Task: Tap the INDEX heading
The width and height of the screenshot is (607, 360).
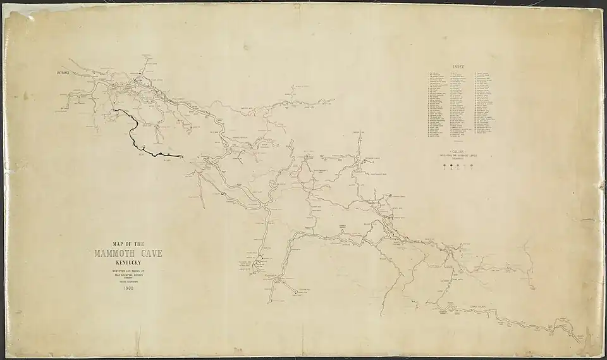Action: tap(460, 66)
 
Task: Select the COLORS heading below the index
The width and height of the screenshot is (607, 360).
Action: tap(460, 152)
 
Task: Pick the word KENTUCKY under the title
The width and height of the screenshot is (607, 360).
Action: tap(128, 262)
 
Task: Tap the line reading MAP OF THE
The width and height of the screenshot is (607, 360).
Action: tap(128, 244)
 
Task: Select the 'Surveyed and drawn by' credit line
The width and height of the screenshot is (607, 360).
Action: tap(128, 271)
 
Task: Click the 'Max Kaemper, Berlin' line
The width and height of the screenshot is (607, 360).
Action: tap(128, 275)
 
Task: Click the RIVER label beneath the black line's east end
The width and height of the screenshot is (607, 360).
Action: tap(168, 161)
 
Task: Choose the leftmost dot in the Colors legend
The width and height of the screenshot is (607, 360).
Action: tap(445, 166)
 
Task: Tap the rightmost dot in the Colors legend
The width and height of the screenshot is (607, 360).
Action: tap(472, 166)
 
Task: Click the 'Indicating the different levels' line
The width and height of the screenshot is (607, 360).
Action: tap(460, 156)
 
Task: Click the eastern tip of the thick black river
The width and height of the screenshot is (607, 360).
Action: tap(182, 156)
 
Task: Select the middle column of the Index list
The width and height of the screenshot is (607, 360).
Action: tap(460, 104)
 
